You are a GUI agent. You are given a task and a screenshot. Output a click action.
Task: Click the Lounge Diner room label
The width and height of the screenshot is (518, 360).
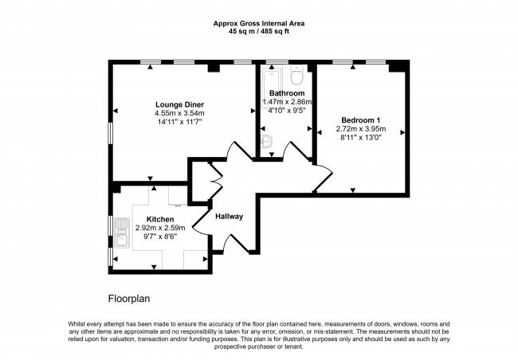coord(180,104)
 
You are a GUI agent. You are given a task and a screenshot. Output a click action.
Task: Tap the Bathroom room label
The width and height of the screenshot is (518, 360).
coord(287,93)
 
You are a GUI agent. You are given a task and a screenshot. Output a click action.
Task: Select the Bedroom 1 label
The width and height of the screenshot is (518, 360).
coord(361,120)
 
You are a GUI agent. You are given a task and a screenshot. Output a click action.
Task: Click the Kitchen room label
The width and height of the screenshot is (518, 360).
coord(160,219)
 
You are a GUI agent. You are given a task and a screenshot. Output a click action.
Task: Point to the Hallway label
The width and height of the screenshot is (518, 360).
coord(230,217)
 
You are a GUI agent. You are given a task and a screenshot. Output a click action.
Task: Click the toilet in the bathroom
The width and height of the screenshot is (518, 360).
coord(296,74)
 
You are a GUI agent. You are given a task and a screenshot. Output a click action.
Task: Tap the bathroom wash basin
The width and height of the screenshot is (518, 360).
coord(266,142)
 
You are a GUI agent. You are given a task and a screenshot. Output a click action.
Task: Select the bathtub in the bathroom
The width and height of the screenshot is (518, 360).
coord(271,88)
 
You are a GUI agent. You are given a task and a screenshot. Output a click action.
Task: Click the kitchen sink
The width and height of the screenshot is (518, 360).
coord(121,233)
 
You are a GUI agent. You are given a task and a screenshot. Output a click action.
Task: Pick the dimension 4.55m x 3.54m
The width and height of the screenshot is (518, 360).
coord(180,113)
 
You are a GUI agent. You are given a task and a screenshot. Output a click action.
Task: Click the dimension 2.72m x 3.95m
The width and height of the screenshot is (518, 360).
coord(361,129)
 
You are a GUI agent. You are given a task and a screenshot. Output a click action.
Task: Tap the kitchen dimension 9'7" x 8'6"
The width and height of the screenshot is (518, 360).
coord(160,236)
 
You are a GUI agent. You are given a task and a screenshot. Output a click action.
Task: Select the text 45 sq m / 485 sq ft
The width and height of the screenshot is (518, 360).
coord(259,32)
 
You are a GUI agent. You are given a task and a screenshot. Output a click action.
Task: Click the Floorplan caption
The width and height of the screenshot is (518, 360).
coord(129,299)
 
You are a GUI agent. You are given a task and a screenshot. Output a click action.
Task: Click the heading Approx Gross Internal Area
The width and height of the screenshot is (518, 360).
coord(259,23)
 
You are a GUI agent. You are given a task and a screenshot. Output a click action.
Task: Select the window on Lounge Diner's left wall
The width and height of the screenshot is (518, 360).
coord(111,133)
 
